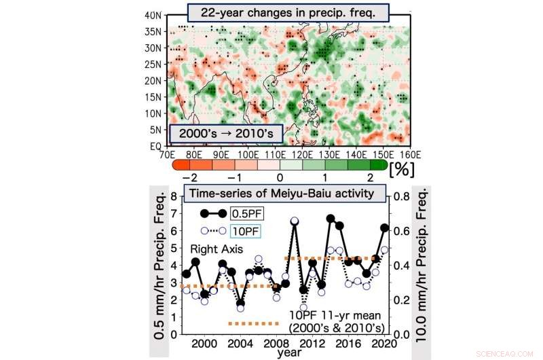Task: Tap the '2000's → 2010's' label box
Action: (221, 132)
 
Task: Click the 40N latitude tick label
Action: (154, 15)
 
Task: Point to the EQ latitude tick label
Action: (155, 145)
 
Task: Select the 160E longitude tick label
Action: (386, 154)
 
